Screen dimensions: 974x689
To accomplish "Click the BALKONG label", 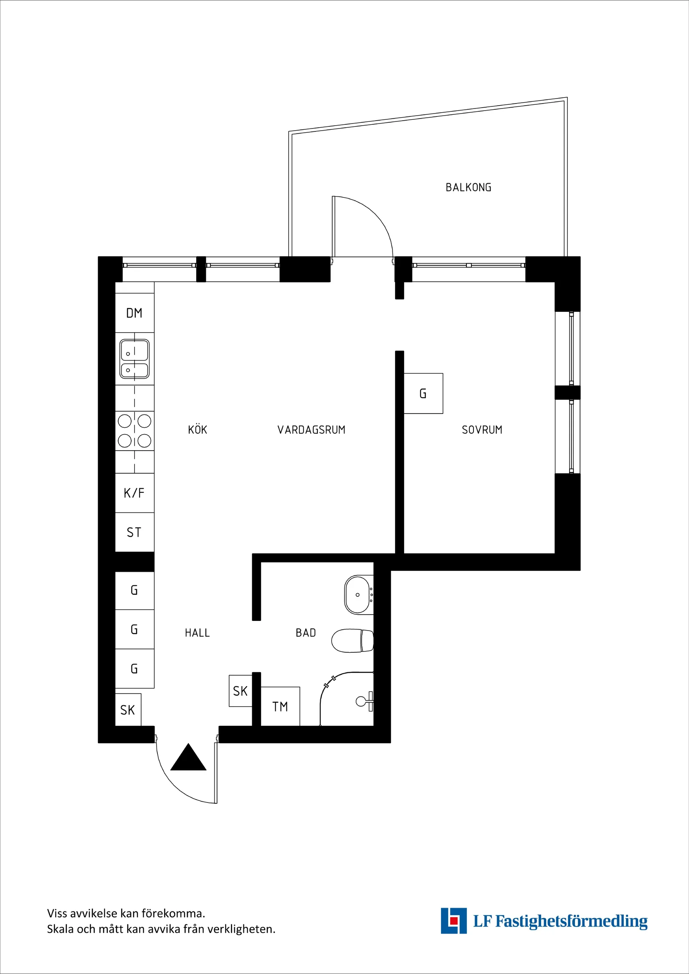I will point(468,187).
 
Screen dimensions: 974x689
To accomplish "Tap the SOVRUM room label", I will point(482,430).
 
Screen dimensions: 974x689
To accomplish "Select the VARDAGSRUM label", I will point(311,430).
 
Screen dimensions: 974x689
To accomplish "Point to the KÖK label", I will point(198,430).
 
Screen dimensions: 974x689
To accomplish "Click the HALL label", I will point(198,633).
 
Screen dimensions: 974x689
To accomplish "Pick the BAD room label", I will point(306,633).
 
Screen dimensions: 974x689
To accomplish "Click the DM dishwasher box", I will point(134,313).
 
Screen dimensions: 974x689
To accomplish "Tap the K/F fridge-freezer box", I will point(134,492).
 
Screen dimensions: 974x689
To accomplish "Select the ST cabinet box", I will point(134,532).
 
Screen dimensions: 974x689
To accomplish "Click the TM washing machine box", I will point(280,707).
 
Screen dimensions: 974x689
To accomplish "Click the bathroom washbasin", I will point(358,594).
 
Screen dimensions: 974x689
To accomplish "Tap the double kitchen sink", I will point(134,358).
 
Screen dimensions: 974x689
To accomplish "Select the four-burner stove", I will point(134,431).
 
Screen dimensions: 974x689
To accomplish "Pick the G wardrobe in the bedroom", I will point(423,393).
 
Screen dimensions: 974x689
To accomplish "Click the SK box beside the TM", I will point(240,691).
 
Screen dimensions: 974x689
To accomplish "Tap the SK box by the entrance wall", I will point(128,710).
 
